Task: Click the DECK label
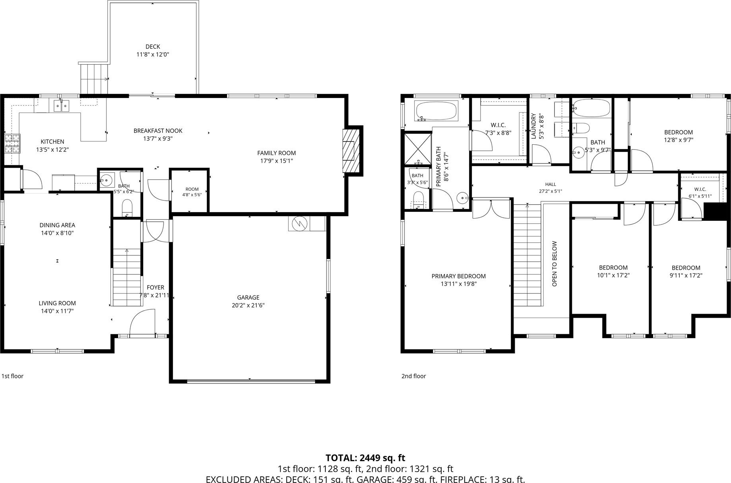[153, 47]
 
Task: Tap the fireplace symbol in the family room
[351, 150]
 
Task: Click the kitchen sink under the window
[62, 106]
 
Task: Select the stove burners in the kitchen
[12, 144]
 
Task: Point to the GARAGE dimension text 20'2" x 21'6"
[248, 305]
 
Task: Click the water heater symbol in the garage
[300, 224]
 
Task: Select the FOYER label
[156, 287]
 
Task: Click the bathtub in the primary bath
[436, 111]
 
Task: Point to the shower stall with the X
[418, 149]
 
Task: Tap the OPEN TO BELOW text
[555, 264]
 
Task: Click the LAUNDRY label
[534, 126]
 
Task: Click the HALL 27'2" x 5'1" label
[550, 188]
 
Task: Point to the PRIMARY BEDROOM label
[459, 276]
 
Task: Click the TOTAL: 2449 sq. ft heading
[365, 458]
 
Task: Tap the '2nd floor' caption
[414, 376]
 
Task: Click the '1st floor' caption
[13, 376]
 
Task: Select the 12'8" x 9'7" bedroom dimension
[679, 140]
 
